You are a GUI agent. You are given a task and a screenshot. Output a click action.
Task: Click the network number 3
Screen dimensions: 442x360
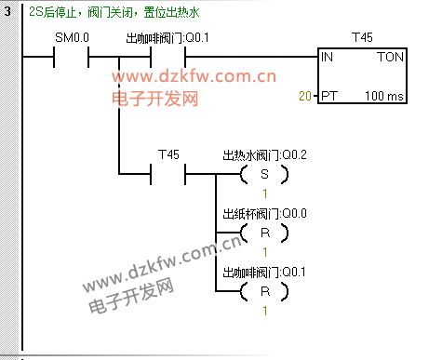pyautogui.click(x=7, y=12)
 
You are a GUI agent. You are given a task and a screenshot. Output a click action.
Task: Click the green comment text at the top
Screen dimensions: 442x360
pyautogui.click(x=114, y=12)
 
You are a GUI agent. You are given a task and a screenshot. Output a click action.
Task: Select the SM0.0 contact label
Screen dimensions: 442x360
pyautogui.click(x=72, y=37)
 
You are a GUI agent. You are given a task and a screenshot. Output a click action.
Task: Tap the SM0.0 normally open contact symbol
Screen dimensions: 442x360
pyautogui.click(x=72, y=57)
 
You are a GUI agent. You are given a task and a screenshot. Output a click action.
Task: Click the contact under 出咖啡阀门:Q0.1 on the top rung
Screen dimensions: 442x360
pyautogui.click(x=167, y=57)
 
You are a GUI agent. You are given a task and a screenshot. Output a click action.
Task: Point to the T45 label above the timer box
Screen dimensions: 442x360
pyautogui.click(x=362, y=37)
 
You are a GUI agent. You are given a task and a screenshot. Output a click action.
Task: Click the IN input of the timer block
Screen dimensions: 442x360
pyautogui.click(x=327, y=57)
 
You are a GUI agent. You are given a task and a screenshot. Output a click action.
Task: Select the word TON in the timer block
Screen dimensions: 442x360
pyautogui.click(x=390, y=57)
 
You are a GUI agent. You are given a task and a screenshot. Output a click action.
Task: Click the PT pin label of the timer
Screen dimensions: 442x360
pyautogui.click(x=328, y=96)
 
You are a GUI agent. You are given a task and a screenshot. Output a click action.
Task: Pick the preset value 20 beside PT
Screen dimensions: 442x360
pyautogui.click(x=305, y=96)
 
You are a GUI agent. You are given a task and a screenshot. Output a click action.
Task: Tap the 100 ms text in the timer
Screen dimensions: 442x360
pyautogui.click(x=384, y=96)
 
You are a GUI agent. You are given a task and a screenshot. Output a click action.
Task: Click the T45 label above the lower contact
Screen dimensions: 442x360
pyautogui.click(x=168, y=154)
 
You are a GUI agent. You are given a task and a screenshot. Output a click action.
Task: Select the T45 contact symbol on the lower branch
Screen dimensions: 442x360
pyautogui.click(x=167, y=174)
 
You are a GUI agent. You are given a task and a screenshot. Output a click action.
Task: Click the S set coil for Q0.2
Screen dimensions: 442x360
pyautogui.click(x=264, y=174)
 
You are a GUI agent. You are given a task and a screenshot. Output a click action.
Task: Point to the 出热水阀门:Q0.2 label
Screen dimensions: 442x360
pyautogui.click(x=264, y=155)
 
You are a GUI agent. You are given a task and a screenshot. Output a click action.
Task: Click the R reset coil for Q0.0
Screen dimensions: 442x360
pyautogui.click(x=264, y=233)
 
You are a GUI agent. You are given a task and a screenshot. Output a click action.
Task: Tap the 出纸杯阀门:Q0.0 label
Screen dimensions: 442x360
pyautogui.click(x=264, y=214)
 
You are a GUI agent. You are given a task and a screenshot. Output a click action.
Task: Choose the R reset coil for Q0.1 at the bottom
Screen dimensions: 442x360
pyautogui.click(x=264, y=291)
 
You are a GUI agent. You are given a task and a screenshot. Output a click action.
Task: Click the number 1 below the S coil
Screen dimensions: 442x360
pyautogui.click(x=265, y=193)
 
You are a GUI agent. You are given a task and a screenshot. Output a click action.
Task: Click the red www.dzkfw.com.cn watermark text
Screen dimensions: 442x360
pyautogui.click(x=194, y=76)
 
